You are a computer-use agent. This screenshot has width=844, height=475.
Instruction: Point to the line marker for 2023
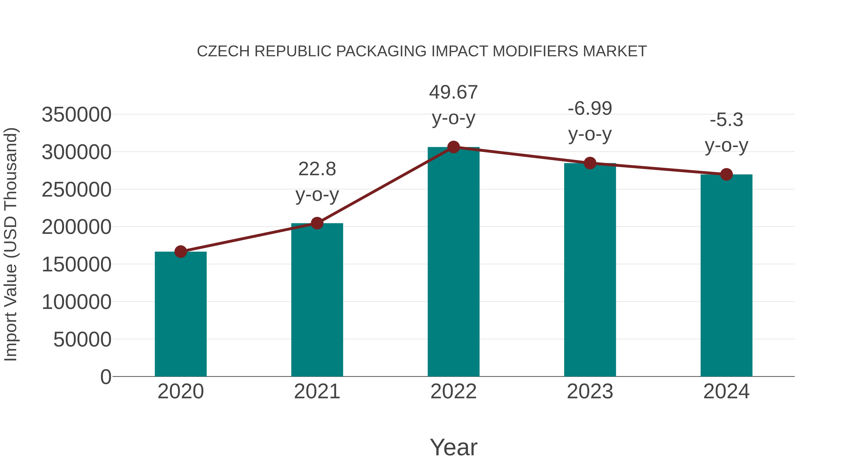pyautogui.click(x=590, y=163)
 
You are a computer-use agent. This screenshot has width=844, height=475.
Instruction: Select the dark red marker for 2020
pyautogui.click(x=181, y=252)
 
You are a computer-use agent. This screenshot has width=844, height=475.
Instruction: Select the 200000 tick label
pyautogui.click(x=76, y=227)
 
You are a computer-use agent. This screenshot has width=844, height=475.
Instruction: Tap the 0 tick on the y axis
pyautogui.click(x=106, y=377)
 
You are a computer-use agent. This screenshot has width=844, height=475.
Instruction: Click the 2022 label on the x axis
pyautogui.click(x=453, y=391)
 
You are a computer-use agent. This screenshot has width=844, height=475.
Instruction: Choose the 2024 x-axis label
pyautogui.click(x=726, y=391)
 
